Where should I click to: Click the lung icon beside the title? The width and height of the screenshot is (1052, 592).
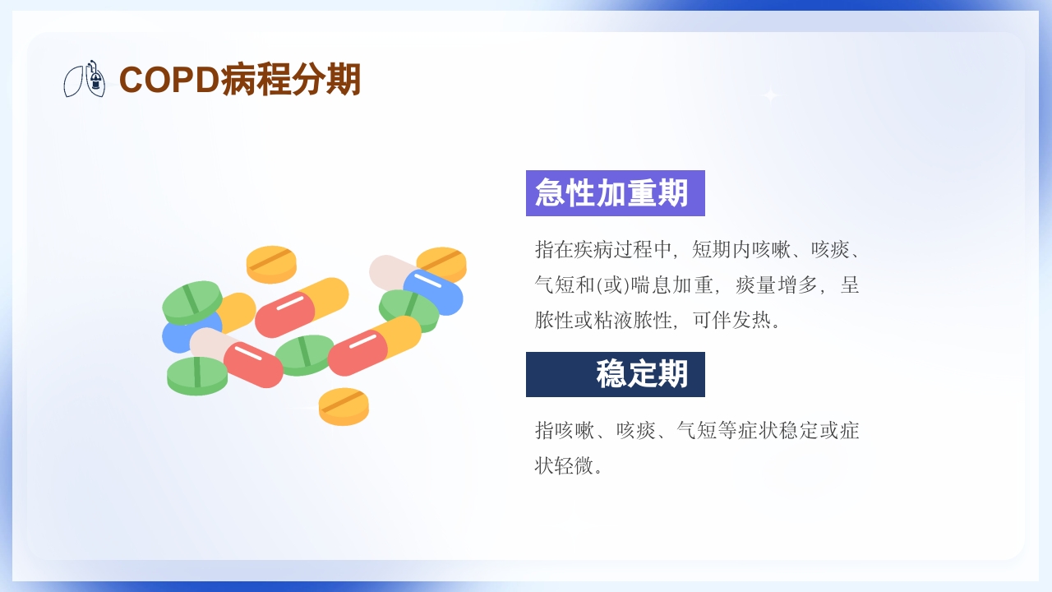pyautogui.click(x=85, y=79)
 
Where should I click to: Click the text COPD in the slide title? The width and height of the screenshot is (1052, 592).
pyautogui.click(x=169, y=80)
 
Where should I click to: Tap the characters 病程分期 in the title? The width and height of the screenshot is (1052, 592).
pyautogui.click(x=291, y=80)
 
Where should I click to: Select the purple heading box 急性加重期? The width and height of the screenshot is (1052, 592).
pyautogui.click(x=615, y=193)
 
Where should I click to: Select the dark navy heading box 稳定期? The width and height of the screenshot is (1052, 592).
pyautogui.click(x=615, y=375)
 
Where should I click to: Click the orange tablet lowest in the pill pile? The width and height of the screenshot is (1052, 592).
pyautogui.click(x=344, y=406)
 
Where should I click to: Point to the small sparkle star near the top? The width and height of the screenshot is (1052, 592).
pyautogui.click(x=770, y=95)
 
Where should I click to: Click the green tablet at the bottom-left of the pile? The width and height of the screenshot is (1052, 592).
pyautogui.click(x=197, y=375)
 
